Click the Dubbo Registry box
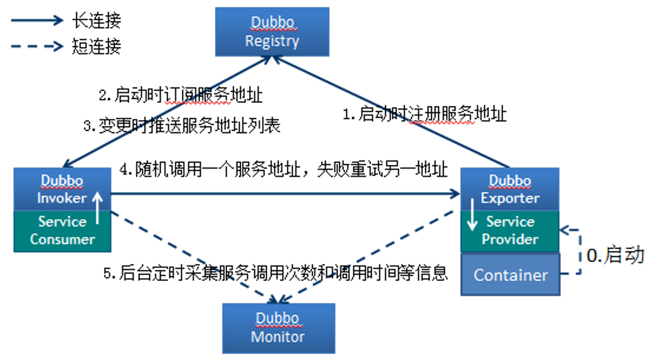(x=272, y=31)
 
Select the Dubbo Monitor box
(x=278, y=327)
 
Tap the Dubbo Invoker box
(x=61, y=189)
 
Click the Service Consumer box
(x=61, y=230)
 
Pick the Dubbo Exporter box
(x=509, y=189)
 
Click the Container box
(x=510, y=275)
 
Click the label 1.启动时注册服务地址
(x=424, y=115)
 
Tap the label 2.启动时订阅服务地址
(x=181, y=95)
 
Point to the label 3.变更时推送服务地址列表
(x=181, y=125)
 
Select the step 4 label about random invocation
(x=284, y=169)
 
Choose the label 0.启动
(x=615, y=255)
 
